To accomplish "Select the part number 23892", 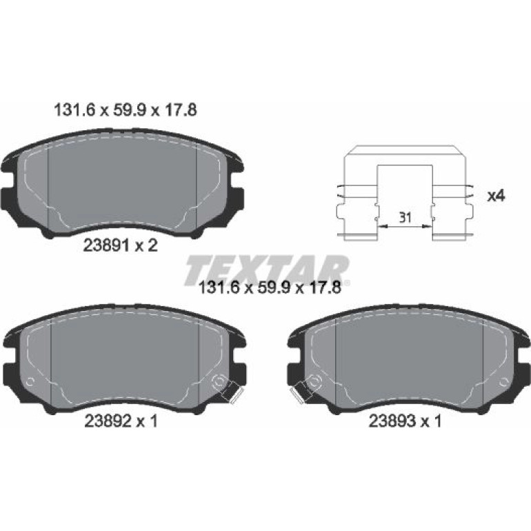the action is pyautogui.click(x=108, y=421).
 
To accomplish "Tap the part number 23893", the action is pyautogui.click(x=392, y=421).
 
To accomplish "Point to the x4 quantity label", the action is pyautogui.click(x=496, y=196).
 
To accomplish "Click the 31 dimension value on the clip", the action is pyautogui.click(x=405, y=217).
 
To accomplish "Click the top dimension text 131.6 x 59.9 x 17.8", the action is pyautogui.click(x=126, y=110).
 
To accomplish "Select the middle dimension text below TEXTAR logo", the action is pyautogui.click(x=269, y=288).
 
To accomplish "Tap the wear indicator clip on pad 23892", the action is pyautogui.click(x=232, y=391).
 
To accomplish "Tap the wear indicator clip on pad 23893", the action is pyautogui.click(x=303, y=391).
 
